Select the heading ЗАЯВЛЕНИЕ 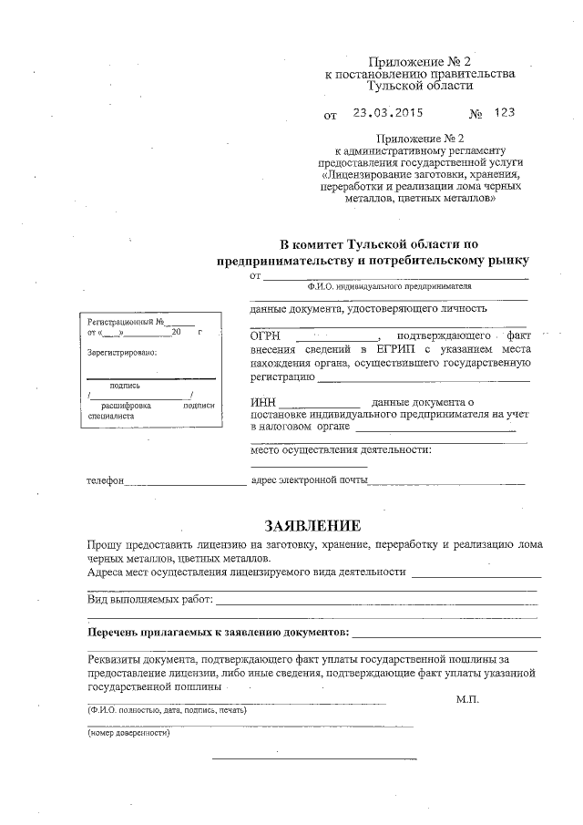pyautogui.click(x=312, y=526)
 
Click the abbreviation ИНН pyautogui.click(x=261, y=402)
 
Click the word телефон pyautogui.click(x=105, y=480)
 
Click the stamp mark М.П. pyautogui.click(x=466, y=699)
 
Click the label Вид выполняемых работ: pyautogui.click(x=150, y=600)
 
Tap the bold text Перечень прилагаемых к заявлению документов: pyautogui.click(x=218, y=632)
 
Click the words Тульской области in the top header pyautogui.click(x=419, y=86)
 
